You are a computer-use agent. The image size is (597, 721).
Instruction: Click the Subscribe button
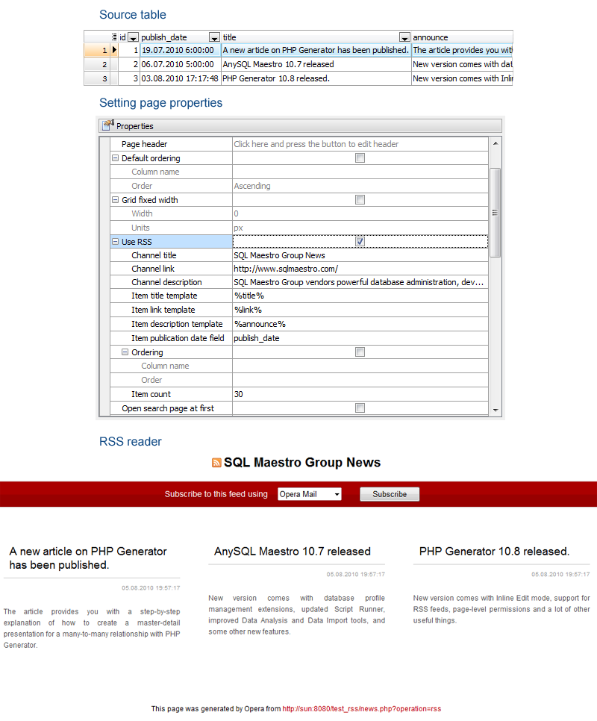[390, 494]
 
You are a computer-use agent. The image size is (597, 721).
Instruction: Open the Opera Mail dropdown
[309, 494]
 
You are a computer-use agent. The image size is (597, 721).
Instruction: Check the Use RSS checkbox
[360, 242]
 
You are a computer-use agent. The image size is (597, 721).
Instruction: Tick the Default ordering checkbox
[360, 158]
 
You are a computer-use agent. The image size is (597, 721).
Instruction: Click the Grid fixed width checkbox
[360, 200]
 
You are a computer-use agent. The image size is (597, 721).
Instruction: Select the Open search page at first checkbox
[360, 408]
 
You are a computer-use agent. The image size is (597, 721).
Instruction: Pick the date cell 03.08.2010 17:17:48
[180, 78]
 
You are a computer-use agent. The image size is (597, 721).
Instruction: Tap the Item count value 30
[238, 394]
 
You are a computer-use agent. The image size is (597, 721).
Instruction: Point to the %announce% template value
[260, 324]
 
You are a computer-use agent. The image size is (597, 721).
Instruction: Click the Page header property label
[144, 144]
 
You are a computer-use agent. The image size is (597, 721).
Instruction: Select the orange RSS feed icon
[216, 463]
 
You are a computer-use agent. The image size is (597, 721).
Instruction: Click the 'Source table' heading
[133, 15]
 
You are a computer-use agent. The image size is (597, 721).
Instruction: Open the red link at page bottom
[361, 709]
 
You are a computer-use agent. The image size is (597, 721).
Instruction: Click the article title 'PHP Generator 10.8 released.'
[494, 552]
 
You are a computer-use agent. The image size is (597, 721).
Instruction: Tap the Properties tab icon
[108, 125]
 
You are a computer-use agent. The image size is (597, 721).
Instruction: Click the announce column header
[431, 37]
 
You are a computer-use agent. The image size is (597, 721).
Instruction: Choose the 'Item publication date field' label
[178, 338]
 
